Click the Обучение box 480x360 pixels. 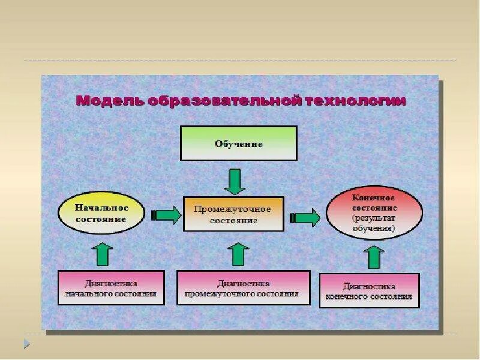pyautogui.click(x=239, y=143)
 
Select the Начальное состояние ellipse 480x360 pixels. pyautogui.click(x=101, y=214)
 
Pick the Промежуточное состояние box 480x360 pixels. pyautogui.click(x=233, y=214)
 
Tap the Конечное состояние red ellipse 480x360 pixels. pyautogui.click(x=374, y=212)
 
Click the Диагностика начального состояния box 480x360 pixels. pyautogui.click(x=111, y=288)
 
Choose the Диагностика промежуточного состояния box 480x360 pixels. pyautogui.click(x=243, y=288)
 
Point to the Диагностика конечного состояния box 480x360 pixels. pyautogui.click(x=369, y=291)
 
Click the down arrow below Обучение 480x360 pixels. pyautogui.click(x=235, y=181)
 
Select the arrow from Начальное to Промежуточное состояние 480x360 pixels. pyautogui.click(x=166, y=215)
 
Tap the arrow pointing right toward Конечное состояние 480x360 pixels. pyautogui.click(x=305, y=217)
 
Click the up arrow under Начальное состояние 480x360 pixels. pyautogui.click(x=104, y=254)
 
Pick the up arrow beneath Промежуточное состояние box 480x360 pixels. pyautogui.click(x=238, y=254)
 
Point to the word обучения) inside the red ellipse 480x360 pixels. pyautogui.click(x=373, y=229)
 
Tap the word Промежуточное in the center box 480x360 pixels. pyautogui.click(x=233, y=209)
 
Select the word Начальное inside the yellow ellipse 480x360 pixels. pyautogui.click(x=101, y=208)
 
